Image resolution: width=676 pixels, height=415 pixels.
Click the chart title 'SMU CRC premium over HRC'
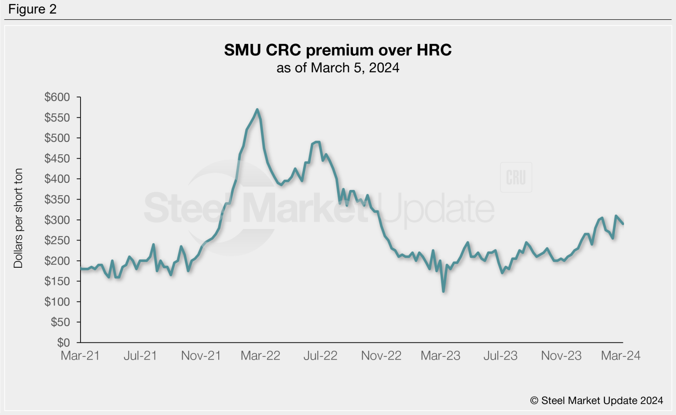(338, 50)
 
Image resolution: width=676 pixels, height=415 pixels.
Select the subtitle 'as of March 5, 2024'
(338, 68)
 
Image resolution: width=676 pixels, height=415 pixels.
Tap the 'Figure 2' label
(32, 9)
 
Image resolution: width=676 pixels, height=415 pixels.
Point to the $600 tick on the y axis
(57, 97)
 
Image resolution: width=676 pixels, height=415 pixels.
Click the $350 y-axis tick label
(57, 200)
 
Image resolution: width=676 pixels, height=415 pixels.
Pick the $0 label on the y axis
(63, 342)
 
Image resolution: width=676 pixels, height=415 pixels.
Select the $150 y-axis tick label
(57, 281)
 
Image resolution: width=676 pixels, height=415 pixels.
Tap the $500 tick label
(57, 138)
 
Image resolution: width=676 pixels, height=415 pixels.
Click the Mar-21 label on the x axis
(80, 356)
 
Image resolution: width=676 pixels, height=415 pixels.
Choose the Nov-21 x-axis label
(201, 356)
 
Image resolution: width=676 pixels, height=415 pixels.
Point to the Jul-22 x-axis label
(320, 356)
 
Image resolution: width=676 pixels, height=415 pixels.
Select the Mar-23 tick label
(441, 356)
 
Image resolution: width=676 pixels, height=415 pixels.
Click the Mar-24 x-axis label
(621, 356)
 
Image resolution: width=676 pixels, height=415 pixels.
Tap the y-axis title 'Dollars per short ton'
(18, 218)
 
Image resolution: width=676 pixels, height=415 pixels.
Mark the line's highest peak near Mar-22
(257, 109)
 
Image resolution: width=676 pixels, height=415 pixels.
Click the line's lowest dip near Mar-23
(443, 291)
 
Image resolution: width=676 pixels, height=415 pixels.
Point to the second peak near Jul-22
(317, 142)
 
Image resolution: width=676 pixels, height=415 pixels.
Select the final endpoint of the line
(623, 224)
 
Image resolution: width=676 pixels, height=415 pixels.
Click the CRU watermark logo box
(516, 177)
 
